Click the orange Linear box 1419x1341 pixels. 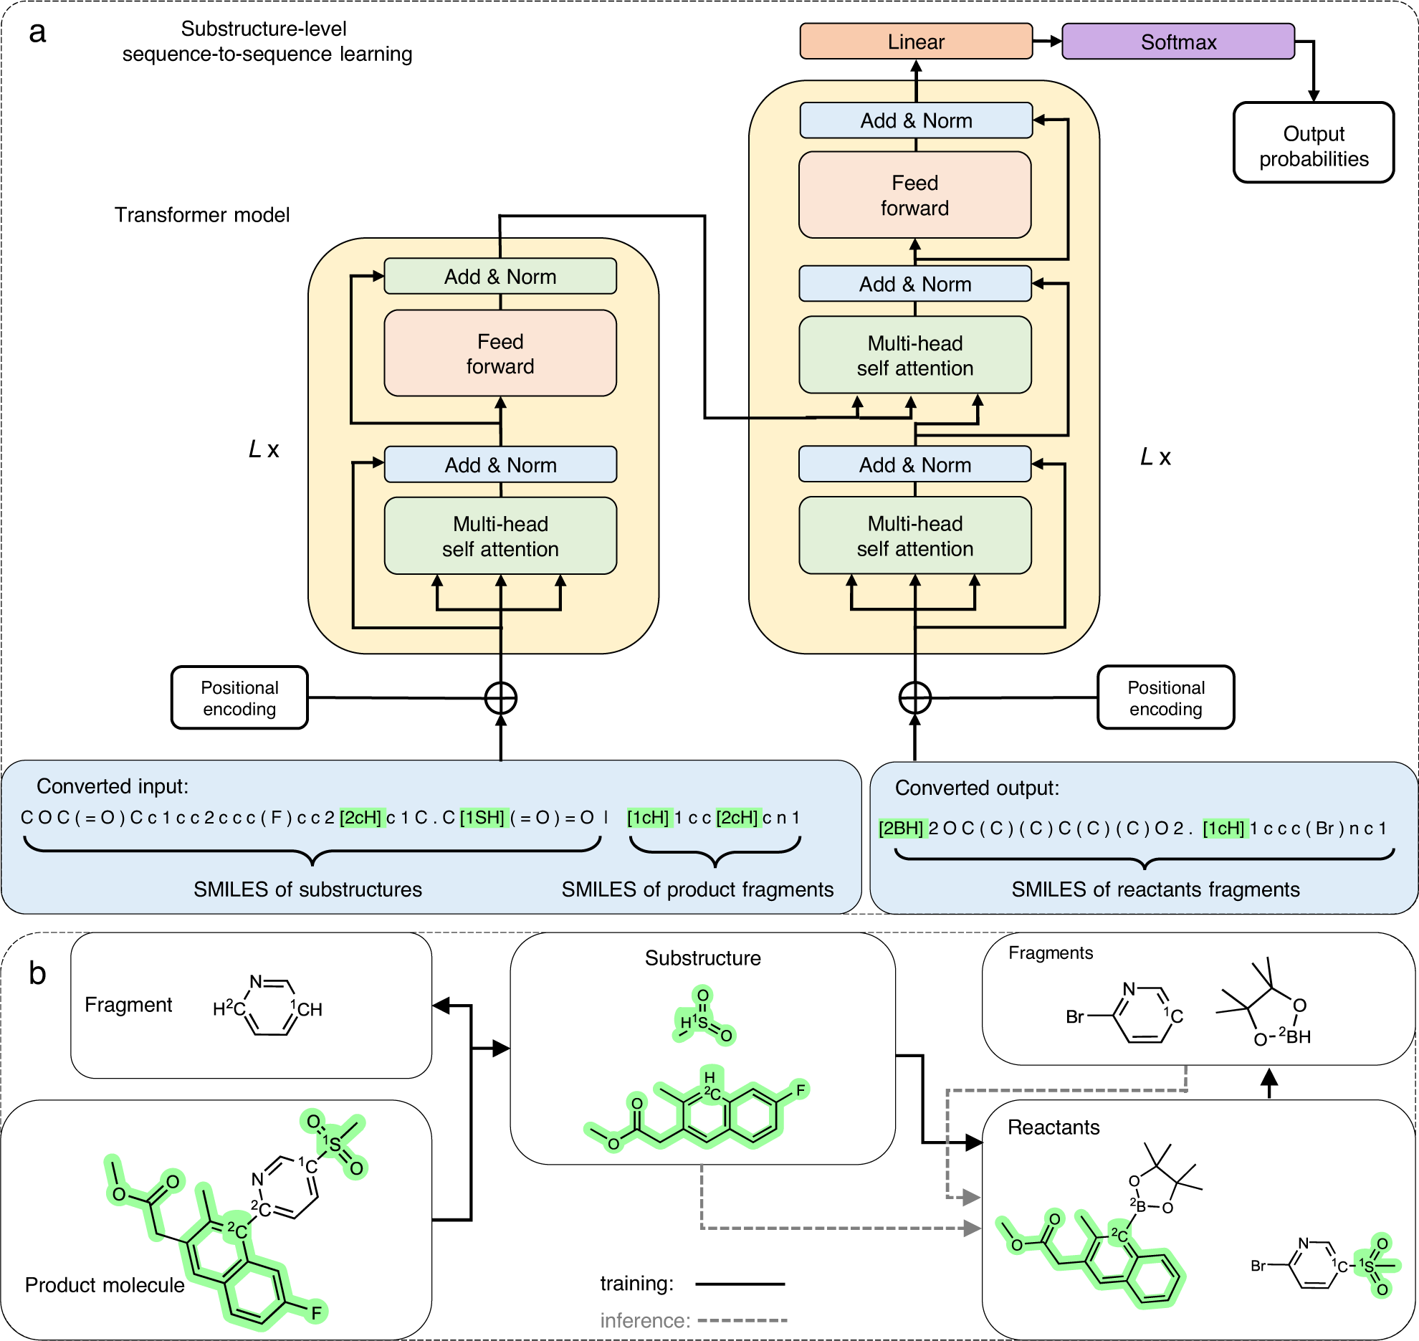915,42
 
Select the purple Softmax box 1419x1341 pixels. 1177,42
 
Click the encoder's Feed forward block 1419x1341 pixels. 500,353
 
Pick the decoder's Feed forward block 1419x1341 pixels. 914,195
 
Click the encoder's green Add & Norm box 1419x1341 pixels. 500,277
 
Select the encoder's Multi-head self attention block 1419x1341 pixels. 500,536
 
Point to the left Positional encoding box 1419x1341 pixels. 239,698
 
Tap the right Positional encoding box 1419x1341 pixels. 1165,698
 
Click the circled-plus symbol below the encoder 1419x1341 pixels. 500,698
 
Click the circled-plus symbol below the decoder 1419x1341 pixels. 914,698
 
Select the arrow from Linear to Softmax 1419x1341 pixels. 1047,42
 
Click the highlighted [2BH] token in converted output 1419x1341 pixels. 902,829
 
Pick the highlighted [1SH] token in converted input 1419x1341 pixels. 482,818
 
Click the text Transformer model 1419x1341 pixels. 202,215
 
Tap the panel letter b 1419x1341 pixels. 37,973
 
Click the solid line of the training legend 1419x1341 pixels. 740,1284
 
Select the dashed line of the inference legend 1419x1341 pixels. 742,1320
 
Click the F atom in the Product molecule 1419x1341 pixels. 316,1312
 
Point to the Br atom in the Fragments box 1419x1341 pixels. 1074,1017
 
